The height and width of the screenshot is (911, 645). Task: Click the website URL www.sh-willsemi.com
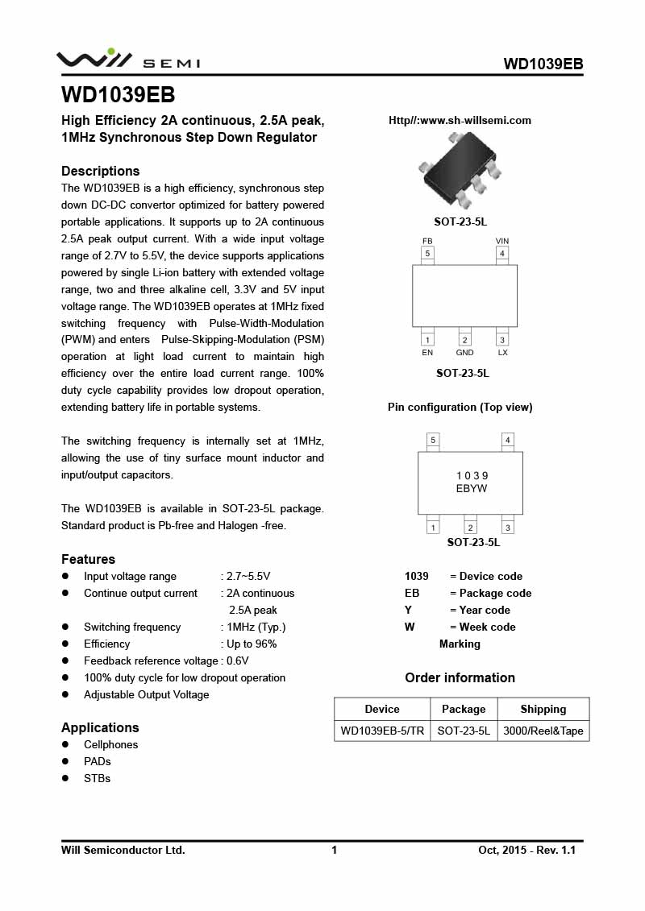coord(460,121)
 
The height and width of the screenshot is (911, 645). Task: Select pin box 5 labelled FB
coord(427,254)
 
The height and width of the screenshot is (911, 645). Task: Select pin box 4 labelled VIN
coord(502,254)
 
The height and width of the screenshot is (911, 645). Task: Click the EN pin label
coord(427,353)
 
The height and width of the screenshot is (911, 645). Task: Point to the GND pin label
coord(464,353)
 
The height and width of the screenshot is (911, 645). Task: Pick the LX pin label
coord(502,353)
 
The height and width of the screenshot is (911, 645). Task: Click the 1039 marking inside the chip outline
coord(472,476)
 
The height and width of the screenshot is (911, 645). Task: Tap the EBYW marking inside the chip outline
coord(472,488)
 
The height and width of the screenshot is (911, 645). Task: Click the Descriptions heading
coord(101,171)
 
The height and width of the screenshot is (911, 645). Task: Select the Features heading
coord(88,559)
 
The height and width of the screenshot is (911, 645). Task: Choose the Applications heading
coord(100,727)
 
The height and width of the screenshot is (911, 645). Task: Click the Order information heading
coord(460,677)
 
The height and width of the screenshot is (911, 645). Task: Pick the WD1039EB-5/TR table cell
coord(381,731)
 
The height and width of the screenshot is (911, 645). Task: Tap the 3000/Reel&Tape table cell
coord(543,731)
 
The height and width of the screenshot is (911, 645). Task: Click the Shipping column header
coord(543,709)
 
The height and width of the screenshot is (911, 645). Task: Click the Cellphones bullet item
coord(110,744)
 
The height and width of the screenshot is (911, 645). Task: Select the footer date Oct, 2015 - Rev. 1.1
coord(526,850)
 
